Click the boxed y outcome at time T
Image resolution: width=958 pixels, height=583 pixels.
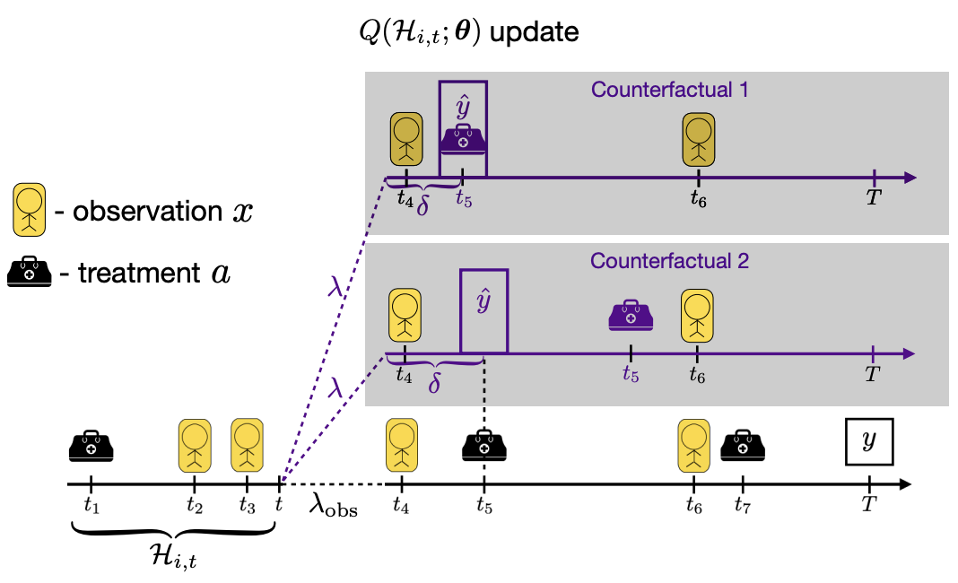point(869,441)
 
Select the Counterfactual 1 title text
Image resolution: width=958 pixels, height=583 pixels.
point(669,90)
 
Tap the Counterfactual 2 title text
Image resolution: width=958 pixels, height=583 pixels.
point(669,261)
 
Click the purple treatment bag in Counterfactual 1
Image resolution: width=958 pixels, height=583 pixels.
point(463,139)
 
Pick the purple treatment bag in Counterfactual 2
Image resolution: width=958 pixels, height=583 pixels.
point(631,316)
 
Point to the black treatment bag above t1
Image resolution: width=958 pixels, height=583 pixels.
point(91,446)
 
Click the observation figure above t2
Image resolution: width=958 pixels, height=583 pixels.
point(195,446)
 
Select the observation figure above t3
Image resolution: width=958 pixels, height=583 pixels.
point(247,446)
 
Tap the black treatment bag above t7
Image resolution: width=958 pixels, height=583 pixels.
point(743,446)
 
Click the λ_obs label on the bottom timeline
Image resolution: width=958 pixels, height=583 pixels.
point(333,505)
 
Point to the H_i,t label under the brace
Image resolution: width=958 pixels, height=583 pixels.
point(173,556)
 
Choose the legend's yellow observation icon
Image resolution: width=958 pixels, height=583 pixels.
point(30,210)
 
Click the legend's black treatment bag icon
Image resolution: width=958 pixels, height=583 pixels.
point(30,272)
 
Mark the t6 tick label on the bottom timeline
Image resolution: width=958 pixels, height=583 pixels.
point(693,505)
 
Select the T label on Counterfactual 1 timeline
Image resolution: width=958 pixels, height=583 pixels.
point(874,196)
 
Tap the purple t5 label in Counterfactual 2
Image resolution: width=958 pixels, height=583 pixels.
point(631,373)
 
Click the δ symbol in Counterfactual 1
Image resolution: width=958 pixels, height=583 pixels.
point(422,206)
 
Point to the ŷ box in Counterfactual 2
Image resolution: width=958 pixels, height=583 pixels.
point(483,311)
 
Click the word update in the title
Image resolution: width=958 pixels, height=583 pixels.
point(535,31)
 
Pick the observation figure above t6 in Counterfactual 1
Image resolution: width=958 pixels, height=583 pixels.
point(699,139)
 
